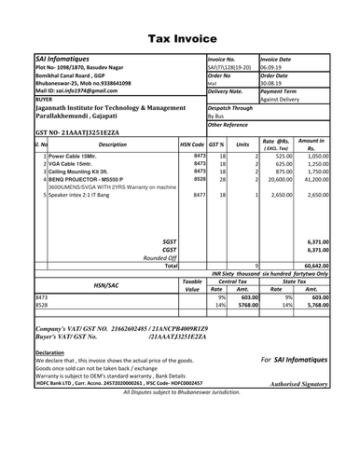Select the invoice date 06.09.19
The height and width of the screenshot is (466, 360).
pos(274,67)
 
